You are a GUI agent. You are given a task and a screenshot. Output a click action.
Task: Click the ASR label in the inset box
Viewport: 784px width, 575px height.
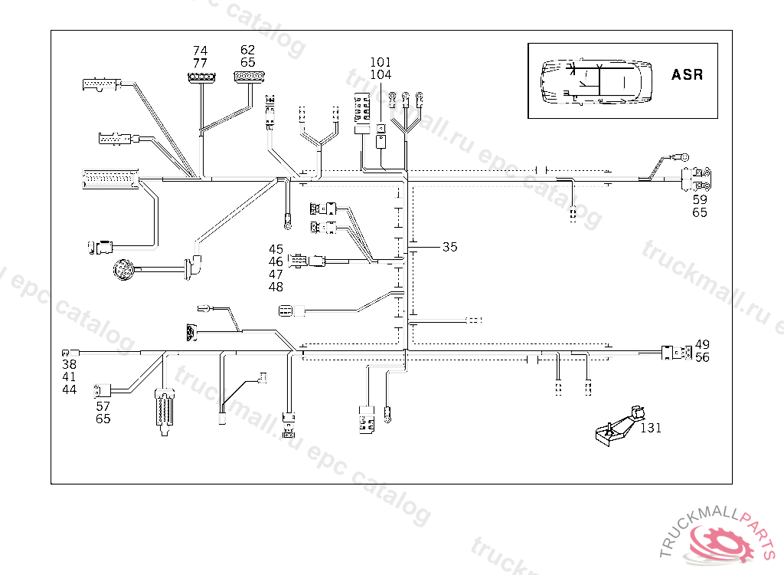click(687, 75)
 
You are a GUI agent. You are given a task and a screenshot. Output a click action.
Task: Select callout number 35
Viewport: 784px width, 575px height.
click(450, 247)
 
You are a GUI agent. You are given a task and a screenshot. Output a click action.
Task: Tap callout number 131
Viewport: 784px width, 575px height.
click(651, 429)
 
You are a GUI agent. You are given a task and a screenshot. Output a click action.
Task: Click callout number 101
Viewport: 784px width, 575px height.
click(381, 62)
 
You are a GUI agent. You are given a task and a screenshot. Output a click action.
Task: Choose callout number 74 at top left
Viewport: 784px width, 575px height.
click(200, 51)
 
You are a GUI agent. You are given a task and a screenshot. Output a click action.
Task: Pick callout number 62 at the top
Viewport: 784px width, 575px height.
click(247, 51)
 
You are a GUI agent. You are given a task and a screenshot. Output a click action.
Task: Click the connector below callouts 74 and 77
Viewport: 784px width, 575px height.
click(201, 77)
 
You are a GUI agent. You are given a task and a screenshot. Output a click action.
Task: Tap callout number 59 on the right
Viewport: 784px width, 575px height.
click(700, 199)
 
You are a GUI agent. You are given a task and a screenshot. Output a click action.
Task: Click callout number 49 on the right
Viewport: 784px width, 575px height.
click(702, 345)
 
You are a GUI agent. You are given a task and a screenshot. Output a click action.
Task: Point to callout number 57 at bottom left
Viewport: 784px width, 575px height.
click(103, 406)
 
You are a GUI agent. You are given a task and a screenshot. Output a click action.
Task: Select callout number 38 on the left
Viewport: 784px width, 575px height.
click(70, 364)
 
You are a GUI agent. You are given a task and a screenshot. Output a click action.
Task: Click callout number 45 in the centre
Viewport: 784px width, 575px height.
click(276, 249)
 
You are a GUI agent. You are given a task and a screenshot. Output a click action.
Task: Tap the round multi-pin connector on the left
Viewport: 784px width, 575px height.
click(123, 269)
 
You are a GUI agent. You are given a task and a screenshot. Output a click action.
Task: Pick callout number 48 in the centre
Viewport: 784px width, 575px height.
click(276, 287)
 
